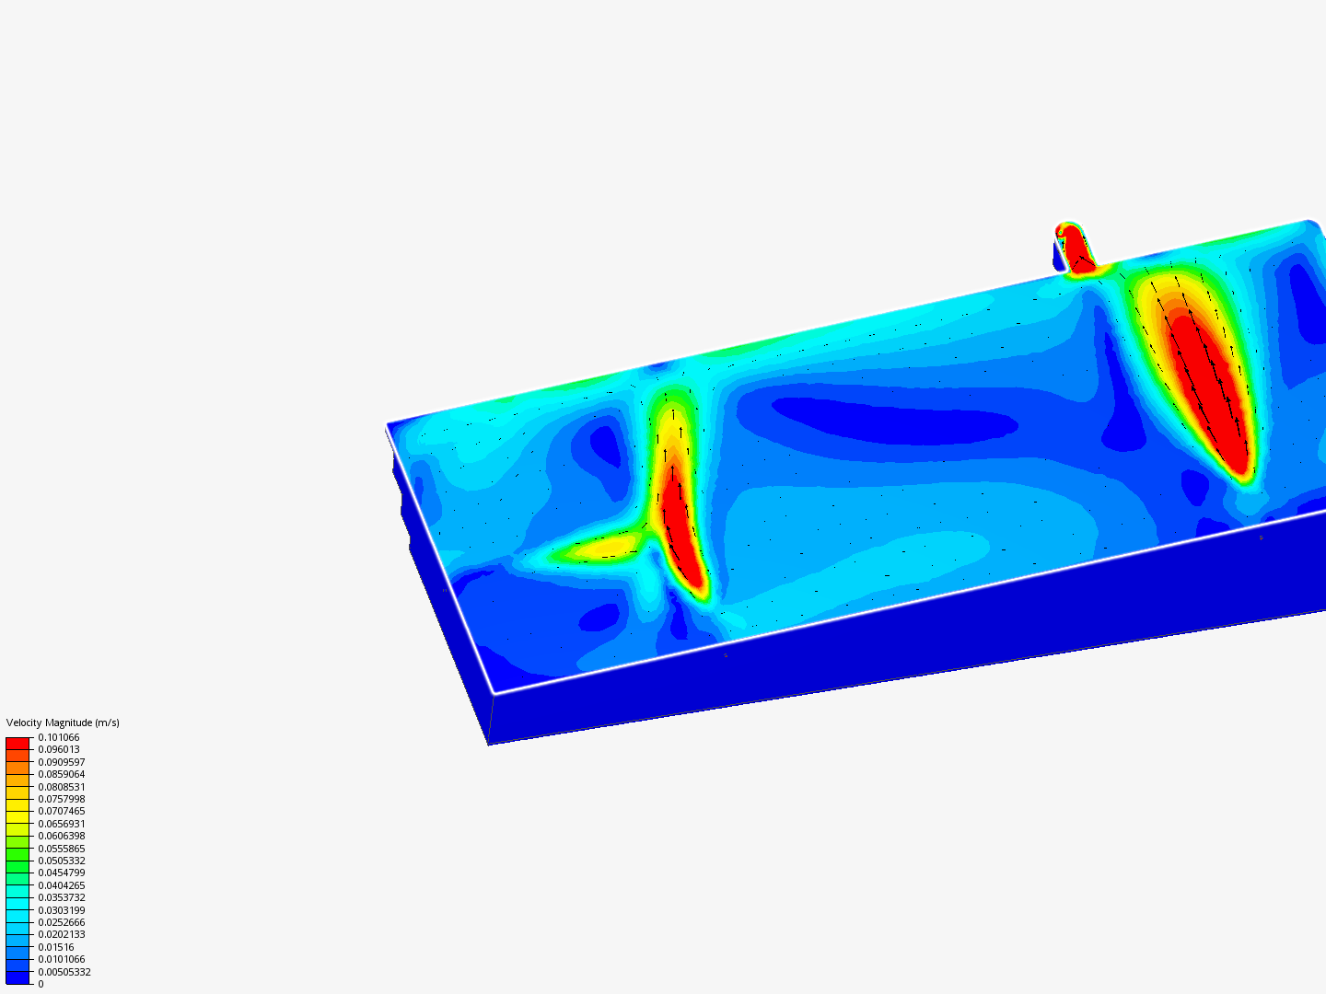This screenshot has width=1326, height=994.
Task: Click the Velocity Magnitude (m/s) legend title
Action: point(63,722)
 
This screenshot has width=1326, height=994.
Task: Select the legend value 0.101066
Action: point(59,737)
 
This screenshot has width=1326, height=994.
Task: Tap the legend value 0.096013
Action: point(59,749)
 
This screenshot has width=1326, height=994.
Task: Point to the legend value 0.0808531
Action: point(62,787)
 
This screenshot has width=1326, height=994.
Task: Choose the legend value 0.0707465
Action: point(62,811)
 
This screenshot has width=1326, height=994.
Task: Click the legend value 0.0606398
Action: point(62,836)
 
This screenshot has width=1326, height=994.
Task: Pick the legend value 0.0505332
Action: point(62,861)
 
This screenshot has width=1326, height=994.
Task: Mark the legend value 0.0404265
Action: point(62,885)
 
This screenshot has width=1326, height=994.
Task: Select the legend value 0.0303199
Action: point(62,910)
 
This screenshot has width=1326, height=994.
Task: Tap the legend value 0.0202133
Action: point(62,934)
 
